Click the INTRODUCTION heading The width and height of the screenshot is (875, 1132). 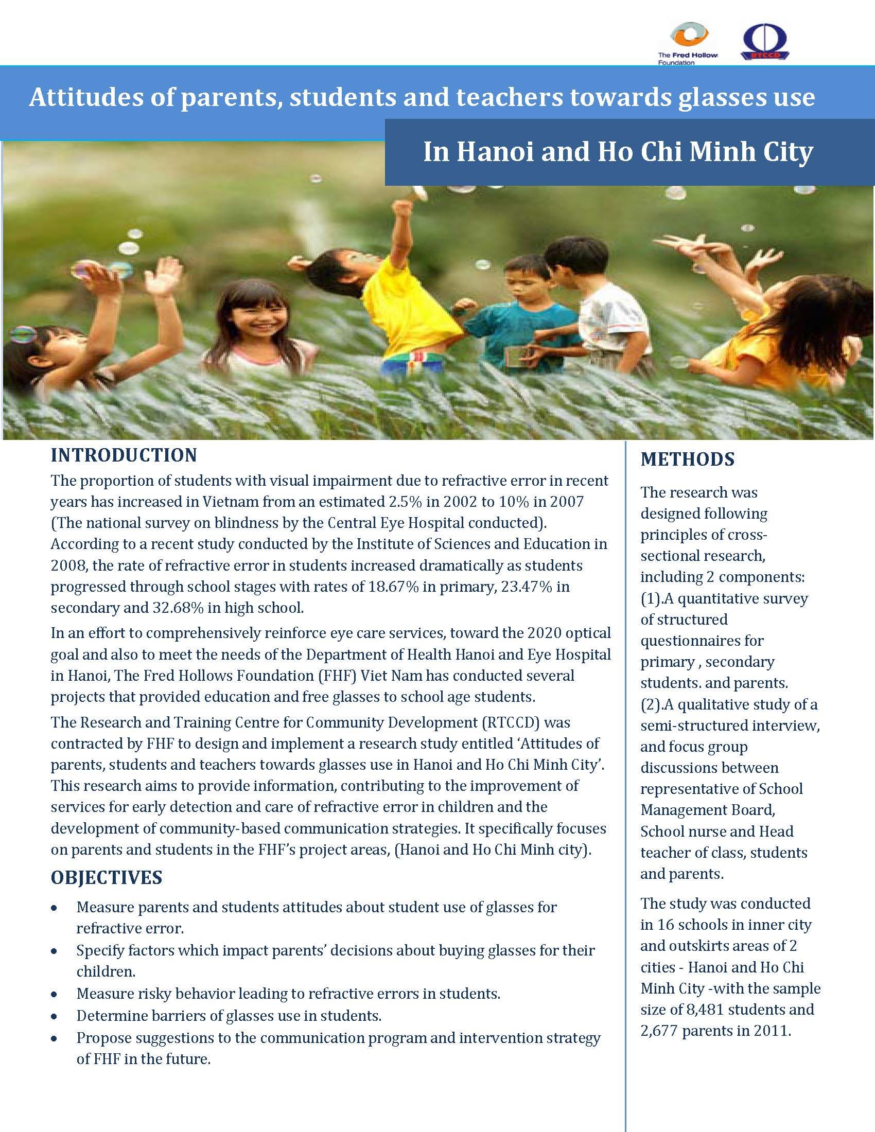pos(124,455)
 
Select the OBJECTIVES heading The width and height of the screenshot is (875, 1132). pos(106,877)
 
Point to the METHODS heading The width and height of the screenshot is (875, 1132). pos(687,459)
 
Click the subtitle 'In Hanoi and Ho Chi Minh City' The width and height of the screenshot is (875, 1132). pos(618,152)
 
